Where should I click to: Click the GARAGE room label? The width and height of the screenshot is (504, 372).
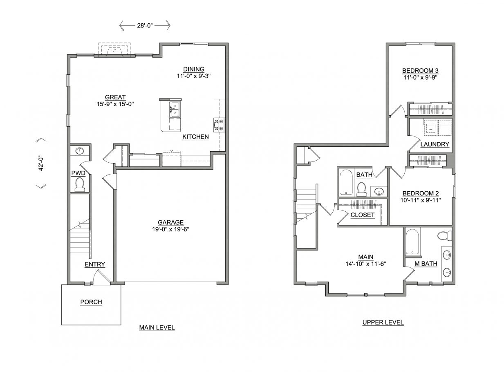pos(170,222)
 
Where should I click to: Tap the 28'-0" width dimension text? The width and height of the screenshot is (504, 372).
pos(145,25)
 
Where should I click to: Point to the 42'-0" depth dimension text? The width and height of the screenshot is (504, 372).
pos(41,163)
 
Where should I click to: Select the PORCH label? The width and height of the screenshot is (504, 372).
pos(91,302)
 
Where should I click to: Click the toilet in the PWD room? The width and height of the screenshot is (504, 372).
pos(80,184)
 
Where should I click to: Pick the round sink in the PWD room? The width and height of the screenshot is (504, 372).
pos(79,151)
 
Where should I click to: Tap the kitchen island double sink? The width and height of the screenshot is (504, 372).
pos(175,110)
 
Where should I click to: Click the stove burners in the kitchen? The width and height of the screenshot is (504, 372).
pos(219,125)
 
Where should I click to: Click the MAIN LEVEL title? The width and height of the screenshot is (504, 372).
pos(157,327)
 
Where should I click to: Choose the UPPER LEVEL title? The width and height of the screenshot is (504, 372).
pos(383,322)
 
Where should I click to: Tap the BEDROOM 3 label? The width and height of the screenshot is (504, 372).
pos(420,71)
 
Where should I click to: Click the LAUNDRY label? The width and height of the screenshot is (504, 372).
pos(435,144)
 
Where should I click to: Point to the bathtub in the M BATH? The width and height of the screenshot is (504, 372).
pos(412,242)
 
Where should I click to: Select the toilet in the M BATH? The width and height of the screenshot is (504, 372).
pos(444,235)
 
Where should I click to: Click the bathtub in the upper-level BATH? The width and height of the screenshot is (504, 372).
pos(346,182)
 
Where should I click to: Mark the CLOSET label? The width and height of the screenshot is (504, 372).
pos(362,215)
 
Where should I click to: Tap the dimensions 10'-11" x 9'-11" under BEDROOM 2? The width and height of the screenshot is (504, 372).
pos(420,200)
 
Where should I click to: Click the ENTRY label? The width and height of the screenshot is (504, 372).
pos(95,264)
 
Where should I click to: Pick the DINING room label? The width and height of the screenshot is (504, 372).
pos(194,69)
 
